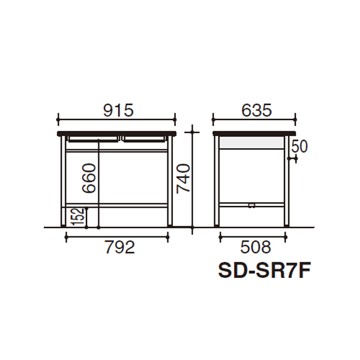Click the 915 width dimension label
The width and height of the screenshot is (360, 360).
click(x=118, y=110)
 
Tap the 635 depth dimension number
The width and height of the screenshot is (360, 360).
click(x=256, y=110)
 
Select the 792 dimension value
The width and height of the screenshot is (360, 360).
click(x=120, y=247)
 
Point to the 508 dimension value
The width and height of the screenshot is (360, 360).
click(x=256, y=247)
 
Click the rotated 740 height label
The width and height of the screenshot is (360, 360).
click(x=183, y=179)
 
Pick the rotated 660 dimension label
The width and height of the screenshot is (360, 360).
click(x=89, y=178)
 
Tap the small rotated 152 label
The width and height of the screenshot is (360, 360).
click(x=78, y=217)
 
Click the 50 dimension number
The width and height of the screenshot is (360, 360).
click(x=299, y=146)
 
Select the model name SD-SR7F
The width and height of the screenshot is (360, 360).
click(x=265, y=271)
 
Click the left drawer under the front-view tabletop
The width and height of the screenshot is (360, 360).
click(x=93, y=139)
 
